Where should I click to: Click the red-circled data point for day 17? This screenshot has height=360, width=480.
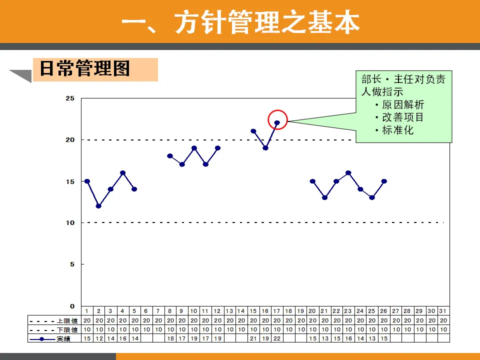(x=277, y=123)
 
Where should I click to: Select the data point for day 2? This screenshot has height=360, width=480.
(x=98, y=206)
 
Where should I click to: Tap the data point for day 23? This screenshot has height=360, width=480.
(x=348, y=173)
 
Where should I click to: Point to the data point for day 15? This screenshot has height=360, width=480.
(x=253, y=131)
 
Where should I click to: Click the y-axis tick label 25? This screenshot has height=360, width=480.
(x=70, y=98)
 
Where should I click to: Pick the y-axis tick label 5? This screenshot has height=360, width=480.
(x=72, y=264)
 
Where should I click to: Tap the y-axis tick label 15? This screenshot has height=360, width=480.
(x=70, y=181)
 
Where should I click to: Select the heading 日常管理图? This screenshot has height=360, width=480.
(x=85, y=68)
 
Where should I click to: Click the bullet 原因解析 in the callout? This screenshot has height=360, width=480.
(x=403, y=104)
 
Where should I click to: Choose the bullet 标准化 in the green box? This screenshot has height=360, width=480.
(x=397, y=130)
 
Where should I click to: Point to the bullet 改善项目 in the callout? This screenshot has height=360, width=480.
(x=403, y=117)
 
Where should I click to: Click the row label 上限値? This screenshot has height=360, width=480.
(x=67, y=321)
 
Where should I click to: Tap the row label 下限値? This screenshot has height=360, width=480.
(x=67, y=329)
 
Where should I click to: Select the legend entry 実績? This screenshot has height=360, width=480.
(x=63, y=339)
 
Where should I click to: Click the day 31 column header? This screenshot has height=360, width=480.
(x=443, y=311)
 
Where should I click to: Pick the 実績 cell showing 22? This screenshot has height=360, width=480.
(x=277, y=338)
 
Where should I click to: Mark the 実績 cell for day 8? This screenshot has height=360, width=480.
(x=170, y=338)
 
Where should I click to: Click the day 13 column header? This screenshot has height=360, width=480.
(x=229, y=311)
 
